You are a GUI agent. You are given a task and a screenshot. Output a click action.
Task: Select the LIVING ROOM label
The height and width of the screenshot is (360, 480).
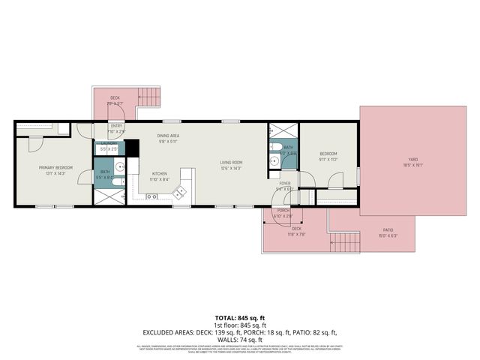tap(230, 162)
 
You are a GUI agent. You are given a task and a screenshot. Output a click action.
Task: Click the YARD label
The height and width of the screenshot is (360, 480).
tap(412, 159)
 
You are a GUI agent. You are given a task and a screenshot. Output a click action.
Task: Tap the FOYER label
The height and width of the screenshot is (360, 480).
tap(285, 183)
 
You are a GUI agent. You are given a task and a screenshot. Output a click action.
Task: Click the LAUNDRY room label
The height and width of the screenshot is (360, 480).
tap(109, 143)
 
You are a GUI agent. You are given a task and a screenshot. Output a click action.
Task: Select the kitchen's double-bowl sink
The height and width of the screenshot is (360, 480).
tap(152, 197)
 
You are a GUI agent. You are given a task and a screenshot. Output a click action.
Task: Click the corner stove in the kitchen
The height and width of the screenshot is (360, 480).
tap(180, 193)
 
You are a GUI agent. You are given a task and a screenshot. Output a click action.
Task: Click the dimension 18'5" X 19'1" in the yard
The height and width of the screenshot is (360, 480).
tap(412, 165)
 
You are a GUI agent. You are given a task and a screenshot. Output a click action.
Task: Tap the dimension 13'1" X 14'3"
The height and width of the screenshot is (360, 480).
tap(51, 174)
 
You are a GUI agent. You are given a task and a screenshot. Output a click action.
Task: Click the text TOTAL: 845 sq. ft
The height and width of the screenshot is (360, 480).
tap(240, 318)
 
